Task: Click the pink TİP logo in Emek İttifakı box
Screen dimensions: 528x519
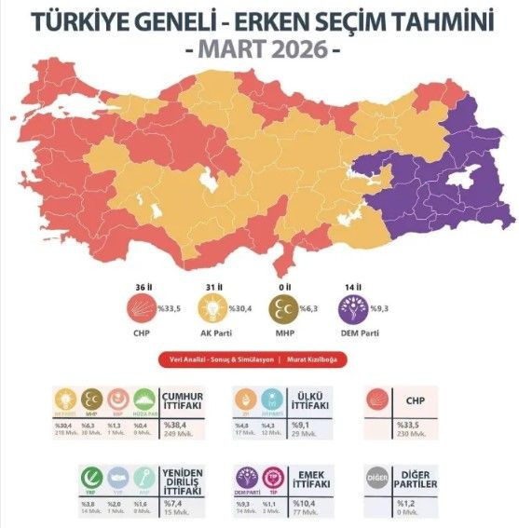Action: pyautogui.click(x=275, y=479)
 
